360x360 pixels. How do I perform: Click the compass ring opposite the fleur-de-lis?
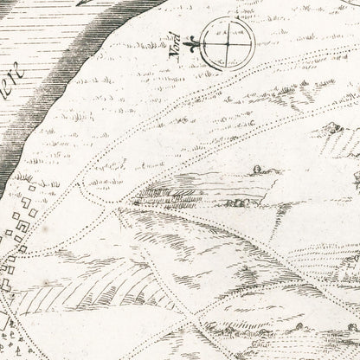[253, 42]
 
